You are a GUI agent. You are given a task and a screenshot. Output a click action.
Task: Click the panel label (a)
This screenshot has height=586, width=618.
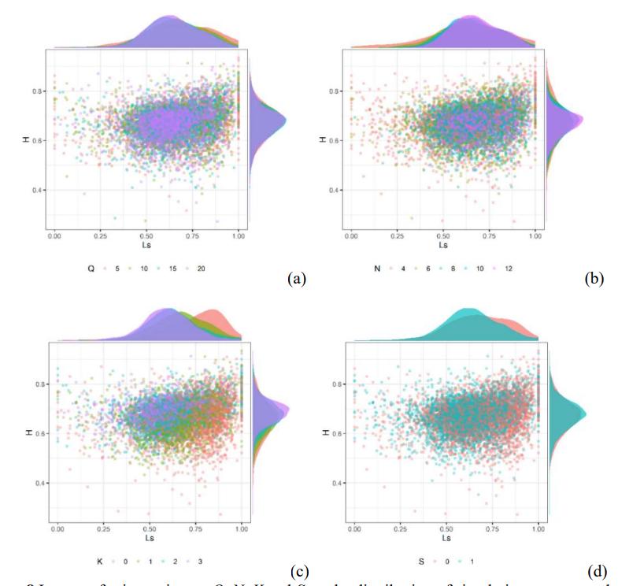pyautogui.click(x=296, y=277)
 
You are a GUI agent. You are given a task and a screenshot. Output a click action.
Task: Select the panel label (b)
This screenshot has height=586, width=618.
pyautogui.click(x=593, y=277)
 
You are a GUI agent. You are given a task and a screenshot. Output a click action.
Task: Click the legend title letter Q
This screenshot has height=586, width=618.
pyautogui.click(x=91, y=269)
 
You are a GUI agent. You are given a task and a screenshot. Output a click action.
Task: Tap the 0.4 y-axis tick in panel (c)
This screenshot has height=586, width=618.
pyautogui.click(x=37, y=483)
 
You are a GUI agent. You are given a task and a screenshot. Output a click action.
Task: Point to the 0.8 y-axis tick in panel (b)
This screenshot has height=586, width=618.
pyautogui.click(x=335, y=91)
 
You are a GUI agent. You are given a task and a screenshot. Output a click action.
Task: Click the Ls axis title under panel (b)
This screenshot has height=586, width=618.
pyautogui.click(x=444, y=244)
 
